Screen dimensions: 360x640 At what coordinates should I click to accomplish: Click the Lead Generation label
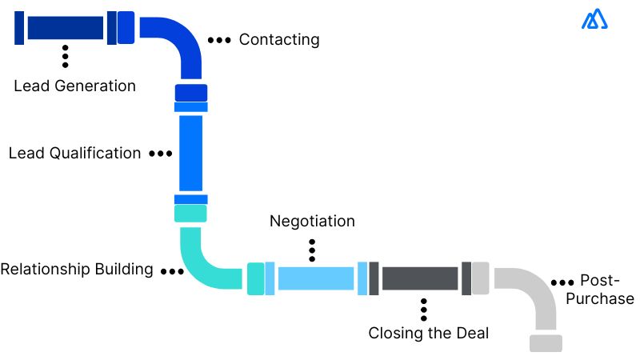click(x=74, y=86)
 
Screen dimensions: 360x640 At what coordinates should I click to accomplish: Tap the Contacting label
click(x=278, y=39)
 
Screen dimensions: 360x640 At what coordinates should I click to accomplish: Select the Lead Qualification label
click(x=74, y=153)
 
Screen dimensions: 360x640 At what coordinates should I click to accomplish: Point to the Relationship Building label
click(x=77, y=269)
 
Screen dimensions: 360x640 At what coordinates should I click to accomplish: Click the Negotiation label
click(x=312, y=221)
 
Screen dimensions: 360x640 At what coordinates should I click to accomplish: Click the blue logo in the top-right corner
click(x=595, y=20)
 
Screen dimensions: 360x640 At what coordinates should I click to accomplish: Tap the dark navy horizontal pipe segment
click(x=65, y=28)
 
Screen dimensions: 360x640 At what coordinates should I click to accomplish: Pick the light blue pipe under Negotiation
click(x=315, y=278)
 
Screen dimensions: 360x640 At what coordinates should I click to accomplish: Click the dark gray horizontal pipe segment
click(x=419, y=278)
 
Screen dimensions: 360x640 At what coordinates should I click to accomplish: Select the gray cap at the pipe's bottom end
click(x=546, y=343)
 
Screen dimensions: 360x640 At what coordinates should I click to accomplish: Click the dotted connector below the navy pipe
click(x=65, y=56)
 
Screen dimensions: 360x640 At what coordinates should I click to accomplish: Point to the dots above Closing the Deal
click(x=423, y=308)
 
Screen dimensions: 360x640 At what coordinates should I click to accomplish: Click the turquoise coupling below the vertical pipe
click(x=191, y=214)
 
